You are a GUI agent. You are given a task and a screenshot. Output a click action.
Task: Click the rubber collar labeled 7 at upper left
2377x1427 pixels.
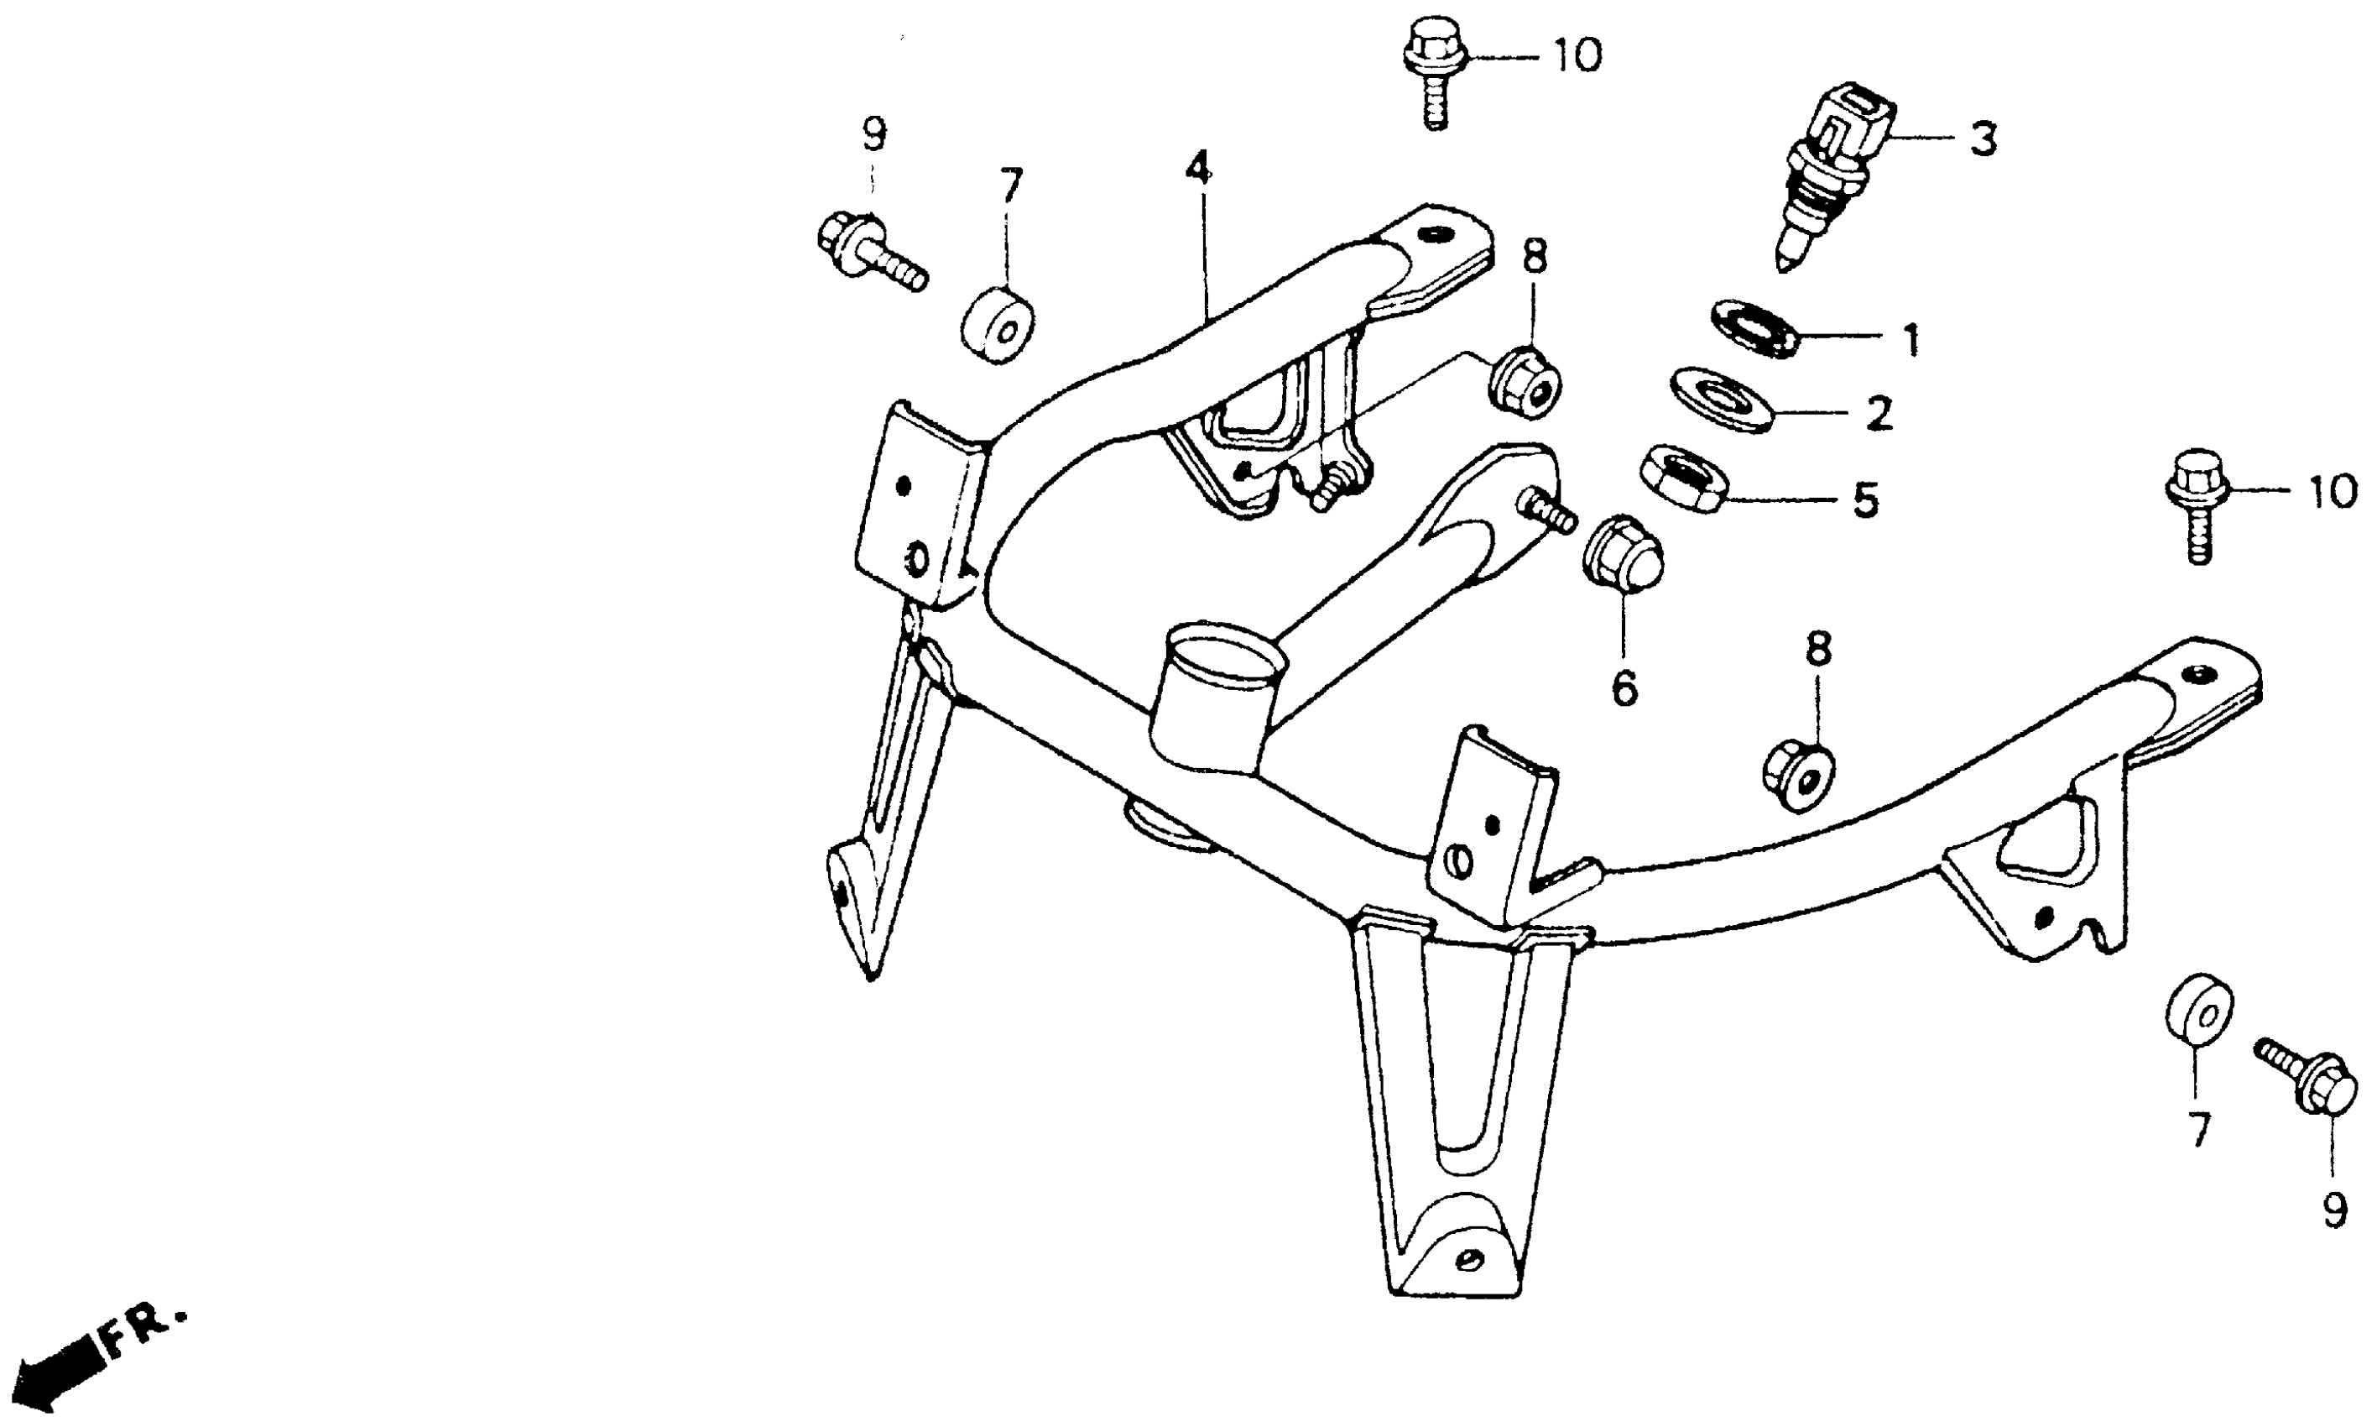998,324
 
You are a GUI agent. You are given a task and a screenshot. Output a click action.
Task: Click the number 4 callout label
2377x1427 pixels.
1197,170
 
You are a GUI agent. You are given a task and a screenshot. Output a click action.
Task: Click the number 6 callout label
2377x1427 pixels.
1624,688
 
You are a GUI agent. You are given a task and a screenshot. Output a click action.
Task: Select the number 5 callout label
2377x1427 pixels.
1864,501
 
